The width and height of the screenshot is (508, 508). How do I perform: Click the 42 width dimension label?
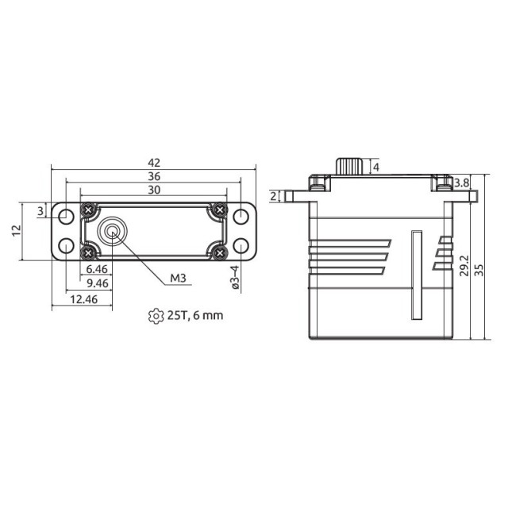point(154,163)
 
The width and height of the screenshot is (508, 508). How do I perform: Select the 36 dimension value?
point(154,176)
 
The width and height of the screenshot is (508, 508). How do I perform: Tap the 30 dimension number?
point(154,190)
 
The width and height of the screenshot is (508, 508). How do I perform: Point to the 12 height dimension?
point(17,230)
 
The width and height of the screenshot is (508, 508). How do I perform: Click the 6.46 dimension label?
point(97,269)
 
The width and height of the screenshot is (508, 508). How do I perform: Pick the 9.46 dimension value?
point(98,283)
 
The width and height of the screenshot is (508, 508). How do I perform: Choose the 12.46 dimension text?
point(83,299)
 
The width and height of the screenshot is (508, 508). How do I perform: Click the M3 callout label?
point(178,278)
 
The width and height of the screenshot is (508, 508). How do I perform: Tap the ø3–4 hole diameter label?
point(235,277)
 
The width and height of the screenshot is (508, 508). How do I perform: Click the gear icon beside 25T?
point(156,316)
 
